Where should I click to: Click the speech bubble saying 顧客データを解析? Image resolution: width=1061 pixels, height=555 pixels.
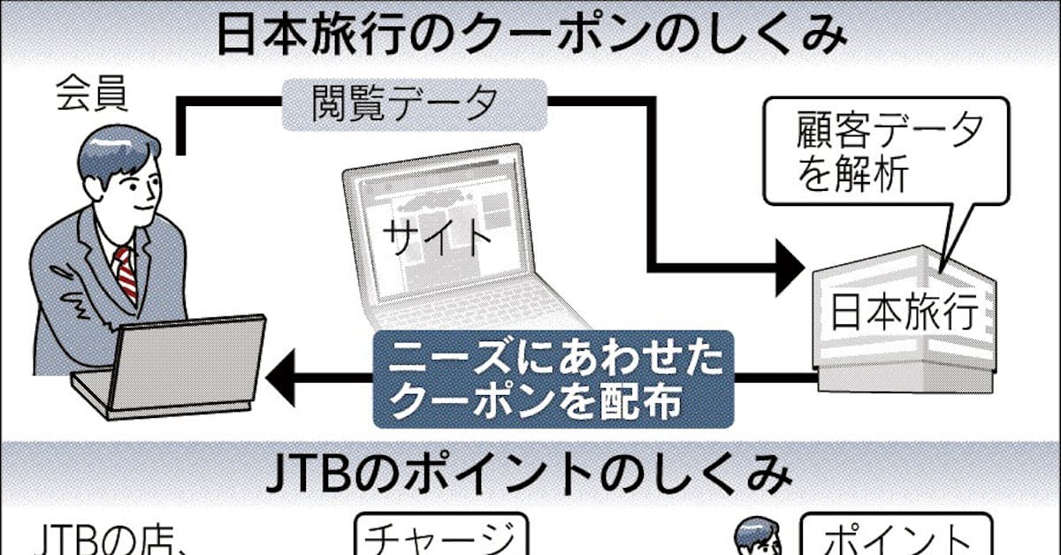[875, 154]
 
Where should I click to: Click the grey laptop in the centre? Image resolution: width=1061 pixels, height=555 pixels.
[442, 239]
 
